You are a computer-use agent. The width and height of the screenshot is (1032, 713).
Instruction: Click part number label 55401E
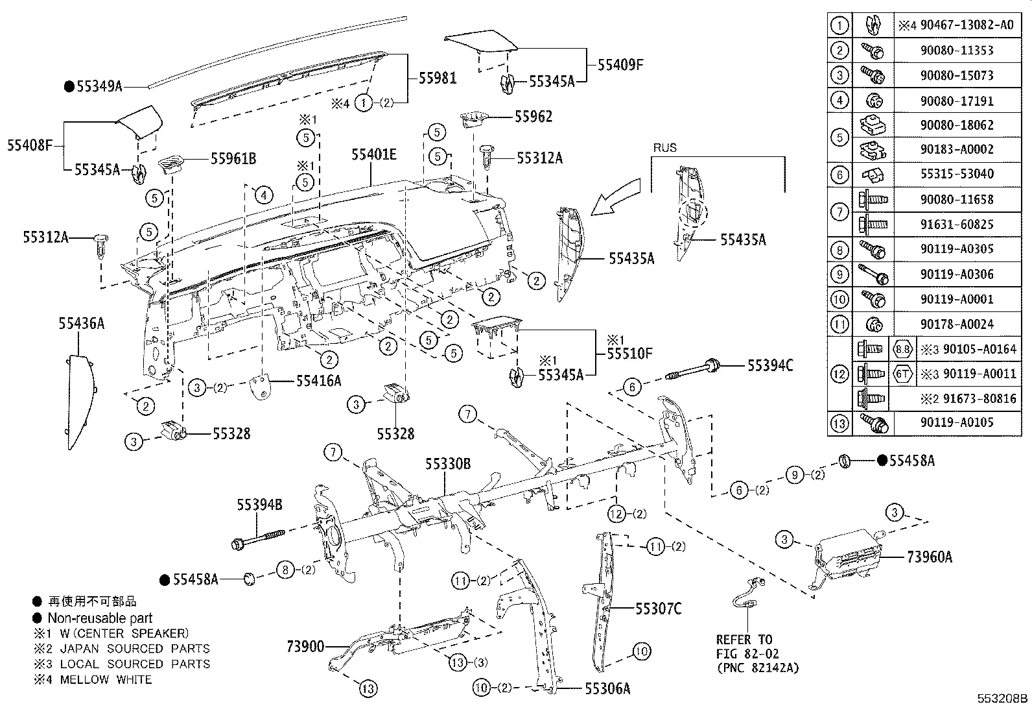coord(374,154)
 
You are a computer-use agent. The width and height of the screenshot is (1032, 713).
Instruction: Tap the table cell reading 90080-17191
coord(956,101)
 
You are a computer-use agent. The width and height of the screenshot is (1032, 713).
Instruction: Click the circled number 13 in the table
coord(839,423)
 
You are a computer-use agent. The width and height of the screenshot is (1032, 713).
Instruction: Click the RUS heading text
coord(664,148)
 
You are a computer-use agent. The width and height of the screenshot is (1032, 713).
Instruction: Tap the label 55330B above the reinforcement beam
coord(448,463)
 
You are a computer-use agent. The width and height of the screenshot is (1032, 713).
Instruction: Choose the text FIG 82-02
coord(747,653)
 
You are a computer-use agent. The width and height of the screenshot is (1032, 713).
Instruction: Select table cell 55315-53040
coord(956,174)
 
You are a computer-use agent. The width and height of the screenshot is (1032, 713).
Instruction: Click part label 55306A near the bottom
coord(607,688)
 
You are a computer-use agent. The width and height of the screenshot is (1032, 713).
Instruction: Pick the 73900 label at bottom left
coord(305,646)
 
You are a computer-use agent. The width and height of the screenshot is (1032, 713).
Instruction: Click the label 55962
coord(534,116)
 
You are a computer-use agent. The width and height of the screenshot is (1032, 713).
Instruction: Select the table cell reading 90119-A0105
coord(956,422)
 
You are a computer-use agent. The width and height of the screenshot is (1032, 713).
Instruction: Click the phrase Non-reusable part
coord(100,618)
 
